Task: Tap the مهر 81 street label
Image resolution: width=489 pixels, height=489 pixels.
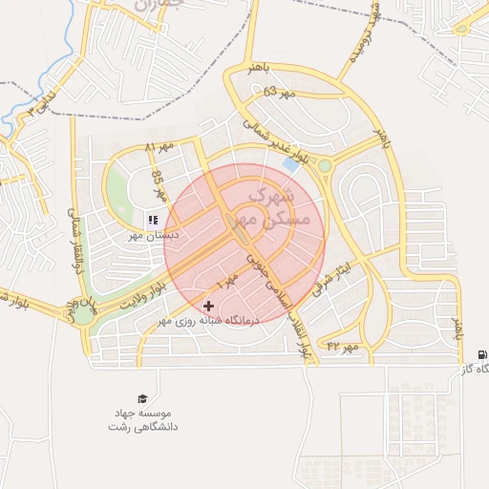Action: tap(162, 147)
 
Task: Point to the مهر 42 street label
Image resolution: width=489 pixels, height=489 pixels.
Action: tap(342, 346)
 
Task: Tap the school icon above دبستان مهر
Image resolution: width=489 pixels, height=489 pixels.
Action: tap(153, 221)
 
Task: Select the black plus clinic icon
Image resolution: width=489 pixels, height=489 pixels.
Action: tap(209, 306)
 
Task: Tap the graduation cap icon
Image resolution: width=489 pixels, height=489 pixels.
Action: tap(142, 398)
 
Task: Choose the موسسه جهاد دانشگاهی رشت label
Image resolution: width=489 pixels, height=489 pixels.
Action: tap(142, 417)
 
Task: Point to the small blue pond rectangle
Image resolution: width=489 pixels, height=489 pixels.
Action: tap(289, 165)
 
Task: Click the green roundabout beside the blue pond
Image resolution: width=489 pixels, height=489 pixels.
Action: tap(325, 166)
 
